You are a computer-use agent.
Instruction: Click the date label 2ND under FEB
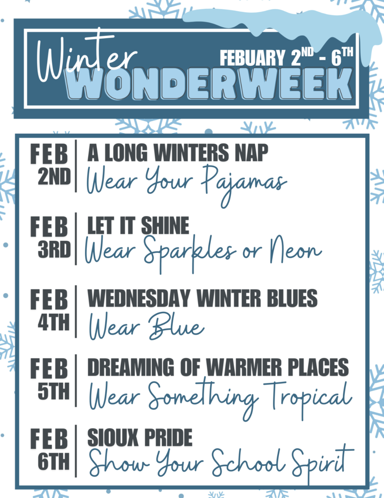click(x=54, y=178)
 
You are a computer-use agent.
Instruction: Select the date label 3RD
click(x=54, y=250)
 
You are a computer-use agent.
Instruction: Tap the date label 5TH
click(x=54, y=391)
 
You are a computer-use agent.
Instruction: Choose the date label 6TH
click(x=54, y=462)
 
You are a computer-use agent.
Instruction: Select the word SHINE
click(x=165, y=226)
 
